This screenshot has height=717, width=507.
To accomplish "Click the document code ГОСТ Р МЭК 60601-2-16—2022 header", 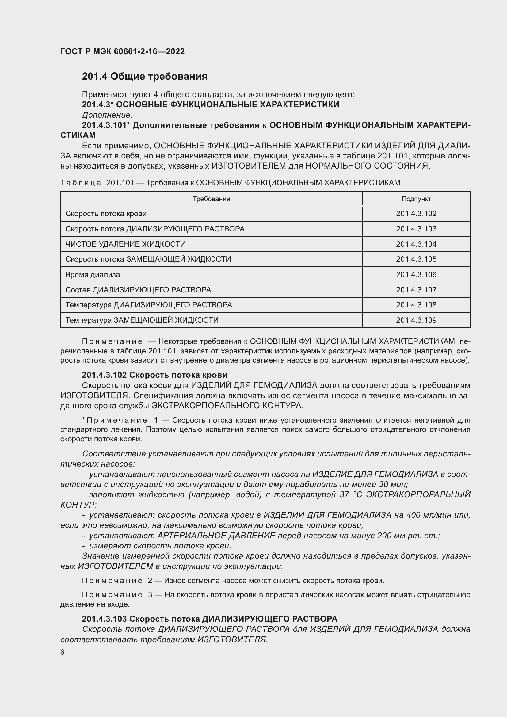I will pos(122,51).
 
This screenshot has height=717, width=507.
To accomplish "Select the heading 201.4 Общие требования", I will pos(145,76).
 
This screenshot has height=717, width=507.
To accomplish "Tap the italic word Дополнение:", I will pos(107,115).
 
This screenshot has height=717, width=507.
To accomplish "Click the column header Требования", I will pos(212,199).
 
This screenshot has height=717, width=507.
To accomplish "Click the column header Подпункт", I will pos(416,199).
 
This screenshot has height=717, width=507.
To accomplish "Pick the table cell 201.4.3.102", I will pos(416,214).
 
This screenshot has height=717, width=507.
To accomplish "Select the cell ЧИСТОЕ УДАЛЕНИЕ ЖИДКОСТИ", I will pos(125,244).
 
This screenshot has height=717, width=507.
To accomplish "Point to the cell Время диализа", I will pos(92,275).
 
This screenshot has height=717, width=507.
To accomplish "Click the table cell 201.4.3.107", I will pos(416,290).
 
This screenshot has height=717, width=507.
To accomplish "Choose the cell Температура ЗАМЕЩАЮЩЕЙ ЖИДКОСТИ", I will pos(142,320).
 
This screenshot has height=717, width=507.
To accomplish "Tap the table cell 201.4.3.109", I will pos(416,320).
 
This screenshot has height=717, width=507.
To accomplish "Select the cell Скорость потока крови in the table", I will pos(106,214).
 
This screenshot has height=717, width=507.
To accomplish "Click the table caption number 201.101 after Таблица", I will pos(120,183).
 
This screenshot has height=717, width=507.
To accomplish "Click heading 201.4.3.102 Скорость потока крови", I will pos(154,375).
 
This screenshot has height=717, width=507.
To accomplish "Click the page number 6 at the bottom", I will pos(63,652).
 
